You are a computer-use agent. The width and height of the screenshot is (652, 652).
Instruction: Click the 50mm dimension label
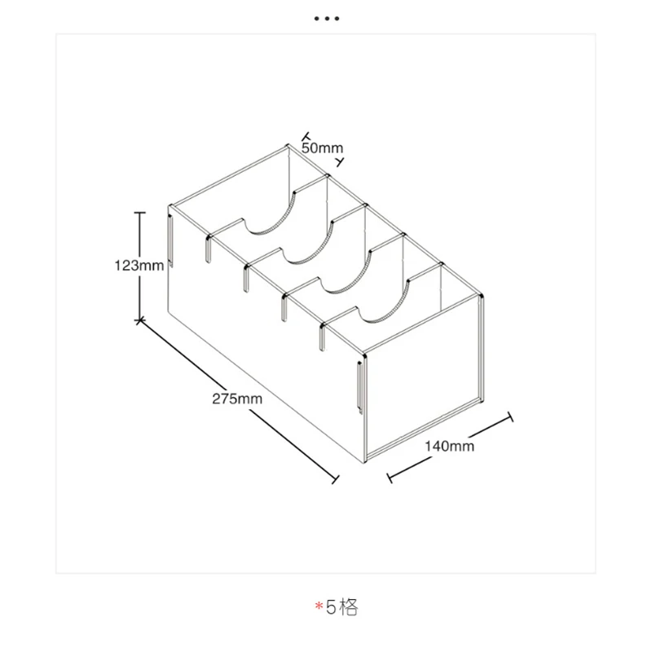pyautogui.click(x=322, y=148)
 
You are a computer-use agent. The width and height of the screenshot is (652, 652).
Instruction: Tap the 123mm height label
pyautogui.click(x=139, y=265)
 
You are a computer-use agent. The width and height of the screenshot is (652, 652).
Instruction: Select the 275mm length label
pyautogui.click(x=237, y=399)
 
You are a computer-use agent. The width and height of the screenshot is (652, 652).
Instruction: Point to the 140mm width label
pyautogui.click(x=449, y=446)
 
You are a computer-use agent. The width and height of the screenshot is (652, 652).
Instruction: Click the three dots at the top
pyautogui.click(x=326, y=18)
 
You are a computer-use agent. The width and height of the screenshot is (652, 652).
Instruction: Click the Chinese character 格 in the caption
pyautogui.click(x=349, y=608)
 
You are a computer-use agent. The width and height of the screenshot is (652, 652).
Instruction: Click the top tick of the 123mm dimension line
pyautogui.click(x=140, y=214)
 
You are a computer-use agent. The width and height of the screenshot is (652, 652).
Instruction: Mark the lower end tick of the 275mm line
pyautogui.click(x=335, y=481)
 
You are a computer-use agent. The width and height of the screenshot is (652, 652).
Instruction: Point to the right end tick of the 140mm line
pyautogui.click(x=512, y=417)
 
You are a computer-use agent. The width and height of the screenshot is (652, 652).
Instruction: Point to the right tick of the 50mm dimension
pyautogui.click(x=341, y=161)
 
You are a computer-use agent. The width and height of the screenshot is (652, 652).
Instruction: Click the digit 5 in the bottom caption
pyautogui.click(x=331, y=608)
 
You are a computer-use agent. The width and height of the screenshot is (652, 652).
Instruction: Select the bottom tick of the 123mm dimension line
pyautogui.click(x=140, y=319)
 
